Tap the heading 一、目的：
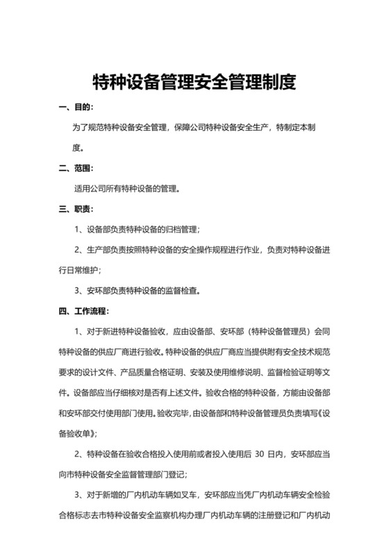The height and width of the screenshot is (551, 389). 76,108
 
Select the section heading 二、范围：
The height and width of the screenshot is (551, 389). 76,168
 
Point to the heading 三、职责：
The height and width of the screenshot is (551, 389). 76,209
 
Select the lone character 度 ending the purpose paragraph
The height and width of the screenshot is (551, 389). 78,148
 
